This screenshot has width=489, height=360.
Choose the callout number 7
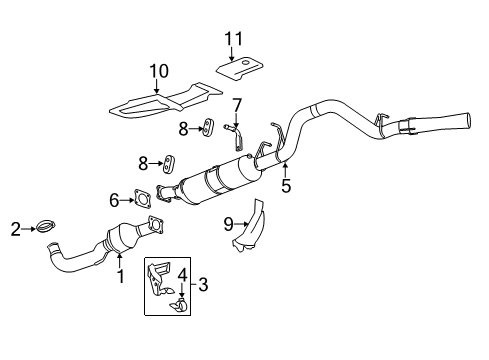click(237, 105)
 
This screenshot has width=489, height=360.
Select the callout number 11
click(235, 39)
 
